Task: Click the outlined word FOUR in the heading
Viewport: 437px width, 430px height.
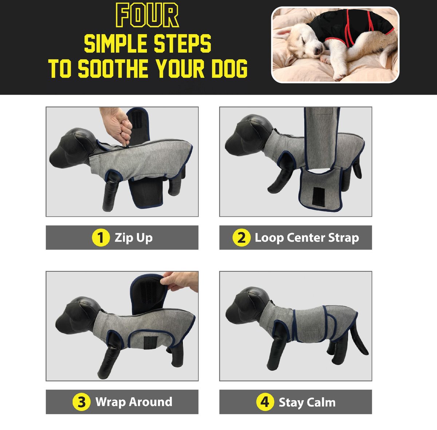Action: click(147, 15)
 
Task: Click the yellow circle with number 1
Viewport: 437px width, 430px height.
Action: click(101, 238)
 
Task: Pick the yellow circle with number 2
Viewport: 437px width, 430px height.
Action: click(241, 238)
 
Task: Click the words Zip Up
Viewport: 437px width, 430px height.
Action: click(134, 238)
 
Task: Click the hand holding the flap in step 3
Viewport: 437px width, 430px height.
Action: click(180, 282)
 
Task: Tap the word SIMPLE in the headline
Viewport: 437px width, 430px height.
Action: click(115, 44)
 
